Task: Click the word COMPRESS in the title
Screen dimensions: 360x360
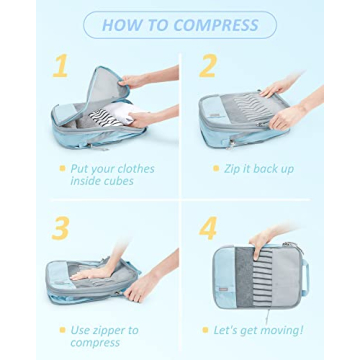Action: tap(220, 25)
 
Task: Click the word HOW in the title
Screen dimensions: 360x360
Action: tap(124, 25)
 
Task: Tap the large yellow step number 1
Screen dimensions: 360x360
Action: tap(61, 67)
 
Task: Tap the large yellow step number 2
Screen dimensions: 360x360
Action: tap(208, 67)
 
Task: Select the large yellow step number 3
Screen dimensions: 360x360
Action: tap(61, 227)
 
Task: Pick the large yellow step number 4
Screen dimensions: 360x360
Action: tap(208, 228)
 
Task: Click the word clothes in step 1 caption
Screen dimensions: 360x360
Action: tap(134, 169)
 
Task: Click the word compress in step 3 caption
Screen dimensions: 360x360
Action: tap(95, 342)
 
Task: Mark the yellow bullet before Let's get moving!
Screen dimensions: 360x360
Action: tap(206, 329)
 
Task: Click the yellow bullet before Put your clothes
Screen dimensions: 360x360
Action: tap(61, 169)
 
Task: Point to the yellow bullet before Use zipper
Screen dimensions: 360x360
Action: tap(61, 329)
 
